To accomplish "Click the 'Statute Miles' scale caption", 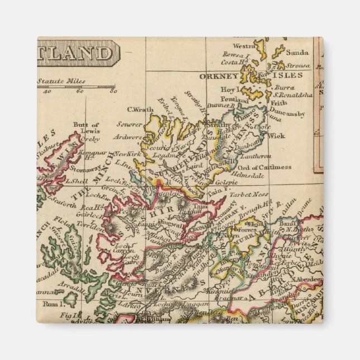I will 61,81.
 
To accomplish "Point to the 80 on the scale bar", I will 113,91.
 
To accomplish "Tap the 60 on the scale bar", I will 80,91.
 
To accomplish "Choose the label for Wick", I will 276,135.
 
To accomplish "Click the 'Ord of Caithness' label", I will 263,167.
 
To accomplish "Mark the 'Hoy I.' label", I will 229,89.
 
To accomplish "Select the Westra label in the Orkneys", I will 244,46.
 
